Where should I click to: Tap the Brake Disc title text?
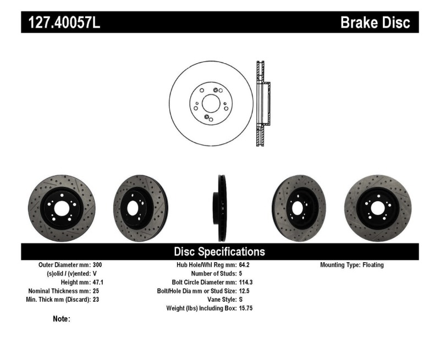pyautogui.click(x=375, y=23)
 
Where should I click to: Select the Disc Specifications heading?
pyautogui.click(x=219, y=252)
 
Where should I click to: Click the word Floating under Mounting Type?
pyautogui.click(x=373, y=265)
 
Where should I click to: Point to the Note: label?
pyautogui.click(x=61, y=319)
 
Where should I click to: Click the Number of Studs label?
pyautogui.click(x=213, y=273)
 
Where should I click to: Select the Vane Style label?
pyautogui.click(x=218, y=300)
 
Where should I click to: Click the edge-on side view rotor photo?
pyautogui.click(x=221, y=208)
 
